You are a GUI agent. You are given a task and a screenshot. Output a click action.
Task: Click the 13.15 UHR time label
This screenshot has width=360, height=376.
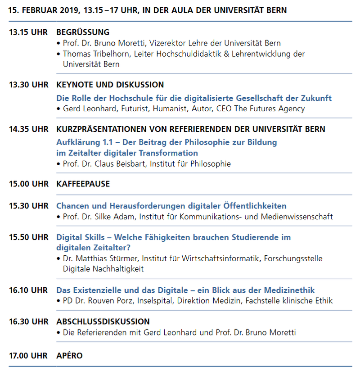(28, 32)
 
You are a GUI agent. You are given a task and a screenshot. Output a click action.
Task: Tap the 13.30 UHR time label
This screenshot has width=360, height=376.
(28, 85)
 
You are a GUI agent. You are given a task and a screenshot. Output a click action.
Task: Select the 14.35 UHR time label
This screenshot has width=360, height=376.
(28, 129)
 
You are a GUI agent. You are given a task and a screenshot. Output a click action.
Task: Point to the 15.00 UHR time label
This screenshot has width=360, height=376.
(28, 184)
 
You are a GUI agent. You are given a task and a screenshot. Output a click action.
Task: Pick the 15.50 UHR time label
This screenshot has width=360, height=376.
(28, 237)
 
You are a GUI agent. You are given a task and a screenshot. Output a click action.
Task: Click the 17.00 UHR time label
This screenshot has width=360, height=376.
(28, 355)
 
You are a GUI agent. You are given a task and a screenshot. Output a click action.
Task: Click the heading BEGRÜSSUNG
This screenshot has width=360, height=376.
(83, 32)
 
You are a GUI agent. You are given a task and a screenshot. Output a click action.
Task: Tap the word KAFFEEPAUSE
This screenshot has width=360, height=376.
(83, 184)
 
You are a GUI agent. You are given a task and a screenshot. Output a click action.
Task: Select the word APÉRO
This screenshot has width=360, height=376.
(69, 355)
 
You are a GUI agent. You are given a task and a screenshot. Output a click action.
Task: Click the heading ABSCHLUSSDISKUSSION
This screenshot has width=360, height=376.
(103, 322)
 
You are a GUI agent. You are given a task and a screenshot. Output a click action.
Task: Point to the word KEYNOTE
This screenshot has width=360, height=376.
(72, 85)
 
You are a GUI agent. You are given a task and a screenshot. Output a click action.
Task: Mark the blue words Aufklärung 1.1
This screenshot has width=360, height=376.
(81, 142)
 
